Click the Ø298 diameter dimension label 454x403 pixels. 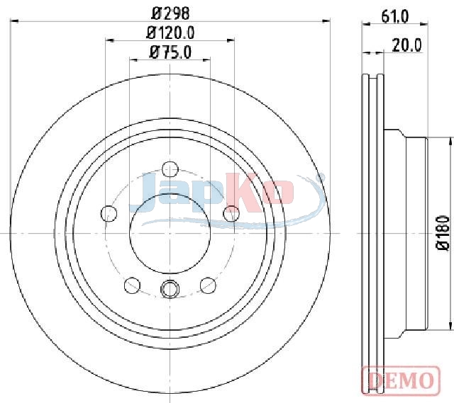(171, 13)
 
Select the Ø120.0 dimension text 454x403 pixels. (170, 33)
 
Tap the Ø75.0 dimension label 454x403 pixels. (170, 52)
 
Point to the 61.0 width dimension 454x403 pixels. (395, 16)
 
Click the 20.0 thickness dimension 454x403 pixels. (406, 45)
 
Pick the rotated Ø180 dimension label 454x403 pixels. (443, 233)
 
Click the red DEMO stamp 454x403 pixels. (401, 380)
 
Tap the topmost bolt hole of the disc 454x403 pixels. (170, 169)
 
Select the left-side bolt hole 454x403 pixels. (109, 214)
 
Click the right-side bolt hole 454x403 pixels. (231, 214)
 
